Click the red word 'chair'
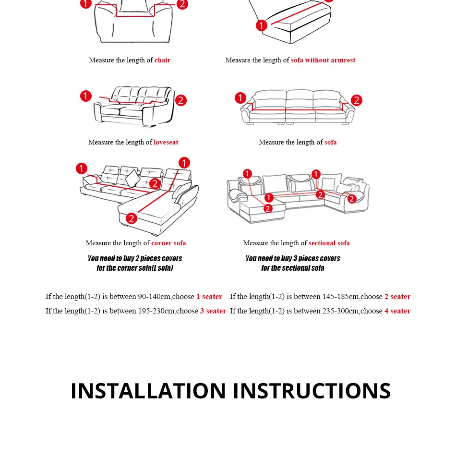tap(162, 60)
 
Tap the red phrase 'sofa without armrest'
tap(323, 60)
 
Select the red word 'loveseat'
tap(166, 142)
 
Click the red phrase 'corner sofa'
tap(168, 243)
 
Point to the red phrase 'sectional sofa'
tap(329, 243)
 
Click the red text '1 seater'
tap(209, 297)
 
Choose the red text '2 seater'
tap(397, 297)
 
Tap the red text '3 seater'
tap(213, 311)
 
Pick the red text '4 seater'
tap(397, 311)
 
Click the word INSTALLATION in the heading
tap(148, 391)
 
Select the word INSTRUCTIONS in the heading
tap(312, 391)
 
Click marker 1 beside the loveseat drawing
tap(86, 96)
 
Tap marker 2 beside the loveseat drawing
tap(180, 100)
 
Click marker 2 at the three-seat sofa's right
tap(357, 100)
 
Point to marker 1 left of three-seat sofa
tap(240, 98)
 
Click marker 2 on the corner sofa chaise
tap(132, 218)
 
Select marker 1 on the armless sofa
tap(262, 25)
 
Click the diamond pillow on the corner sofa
tap(132, 178)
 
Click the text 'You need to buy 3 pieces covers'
tap(293, 259)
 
